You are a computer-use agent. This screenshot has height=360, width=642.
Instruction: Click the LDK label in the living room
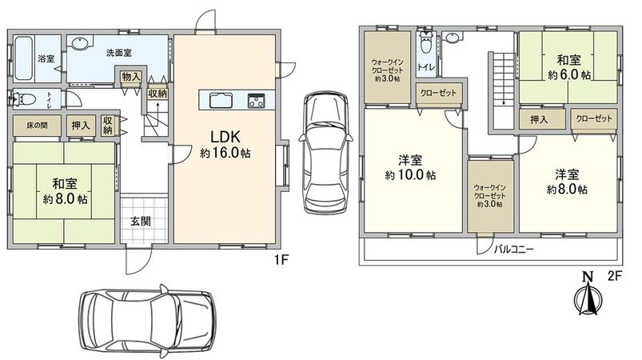click(x=225, y=137)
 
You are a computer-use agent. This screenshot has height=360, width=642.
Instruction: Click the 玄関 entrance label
click(x=141, y=221)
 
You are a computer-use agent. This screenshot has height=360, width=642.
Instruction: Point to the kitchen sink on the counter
click(x=221, y=100)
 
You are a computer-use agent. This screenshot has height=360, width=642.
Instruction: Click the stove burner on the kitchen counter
click(x=257, y=100)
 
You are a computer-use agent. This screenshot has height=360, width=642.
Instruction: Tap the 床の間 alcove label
click(x=38, y=126)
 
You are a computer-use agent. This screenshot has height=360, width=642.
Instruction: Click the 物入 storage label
click(x=131, y=76)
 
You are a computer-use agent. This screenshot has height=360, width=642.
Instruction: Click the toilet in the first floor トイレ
click(x=23, y=98)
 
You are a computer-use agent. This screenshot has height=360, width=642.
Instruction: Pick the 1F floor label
click(x=282, y=259)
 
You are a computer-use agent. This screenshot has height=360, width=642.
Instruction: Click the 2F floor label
click(x=615, y=276)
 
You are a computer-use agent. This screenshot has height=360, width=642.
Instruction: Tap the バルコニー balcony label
click(x=514, y=249)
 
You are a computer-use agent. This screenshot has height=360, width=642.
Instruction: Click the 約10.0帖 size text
click(x=410, y=175)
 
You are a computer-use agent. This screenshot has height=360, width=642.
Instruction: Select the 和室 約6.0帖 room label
click(x=568, y=67)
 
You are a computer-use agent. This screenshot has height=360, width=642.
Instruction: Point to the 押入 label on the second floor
click(x=538, y=119)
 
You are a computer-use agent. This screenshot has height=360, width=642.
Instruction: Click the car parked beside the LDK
click(x=325, y=151)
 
